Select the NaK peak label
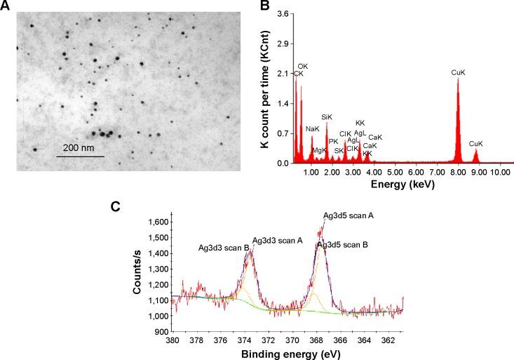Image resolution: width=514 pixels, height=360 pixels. pos(312,129)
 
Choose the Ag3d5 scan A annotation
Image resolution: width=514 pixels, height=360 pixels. pos(349,215)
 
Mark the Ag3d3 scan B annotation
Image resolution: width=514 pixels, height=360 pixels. pos(223,248)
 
